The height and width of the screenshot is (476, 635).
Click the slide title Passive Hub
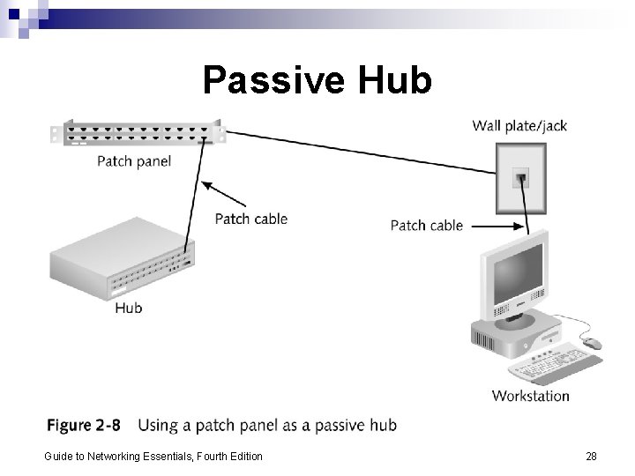[317, 80]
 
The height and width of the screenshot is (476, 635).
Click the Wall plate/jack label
[519, 125]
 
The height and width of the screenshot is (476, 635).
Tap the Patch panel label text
[133, 161]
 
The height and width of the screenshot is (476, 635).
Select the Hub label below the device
[128, 308]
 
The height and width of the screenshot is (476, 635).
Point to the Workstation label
[530, 396]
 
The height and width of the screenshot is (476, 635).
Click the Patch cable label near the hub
[251, 218]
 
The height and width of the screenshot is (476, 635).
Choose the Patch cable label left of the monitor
[426, 226]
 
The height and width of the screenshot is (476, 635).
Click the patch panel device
[137, 135]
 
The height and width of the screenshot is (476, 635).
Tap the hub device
[123, 259]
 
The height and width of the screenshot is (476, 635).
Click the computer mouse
[591, 343]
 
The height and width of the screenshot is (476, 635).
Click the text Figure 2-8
[83, 426]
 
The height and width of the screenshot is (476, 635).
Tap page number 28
[591, 456]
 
